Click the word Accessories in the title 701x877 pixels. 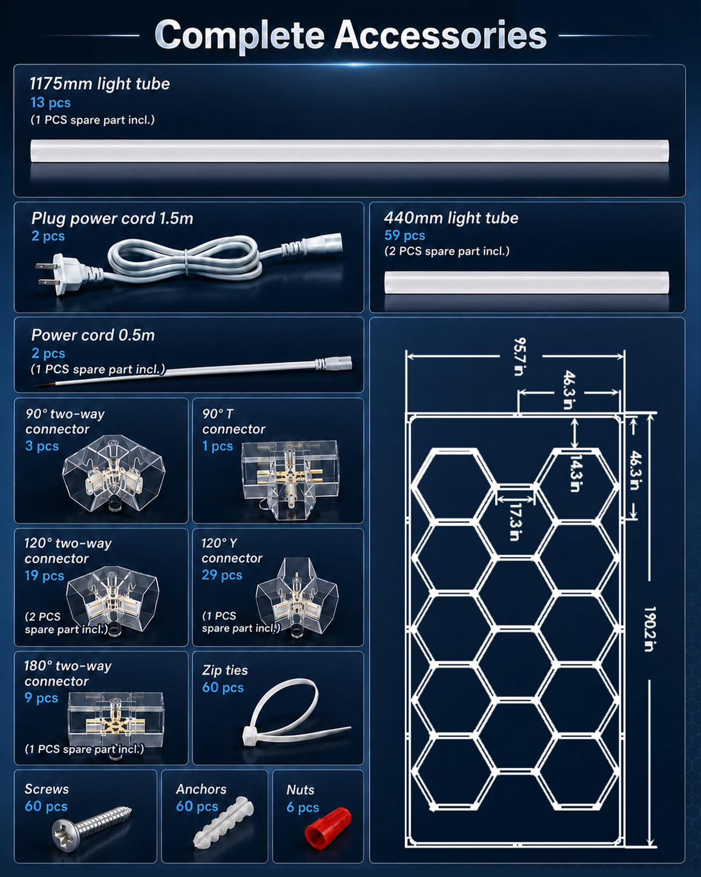(440, 36)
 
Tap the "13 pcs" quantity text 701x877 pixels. (50, 103)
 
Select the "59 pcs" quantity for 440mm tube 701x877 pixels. (404, 236)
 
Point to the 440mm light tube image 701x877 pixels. (526, 282)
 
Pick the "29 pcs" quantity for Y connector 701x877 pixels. (222, 575)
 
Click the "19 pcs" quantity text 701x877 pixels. (44, 575)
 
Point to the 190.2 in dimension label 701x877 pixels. (650, 629)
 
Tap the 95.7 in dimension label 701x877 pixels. (520, 357)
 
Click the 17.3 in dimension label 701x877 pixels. (515, 522)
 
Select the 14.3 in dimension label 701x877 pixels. (575, 474)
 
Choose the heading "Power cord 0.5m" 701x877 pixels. (93, 335)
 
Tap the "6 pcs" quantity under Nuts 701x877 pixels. (303, 807)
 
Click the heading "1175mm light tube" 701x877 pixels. (100, 84)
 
